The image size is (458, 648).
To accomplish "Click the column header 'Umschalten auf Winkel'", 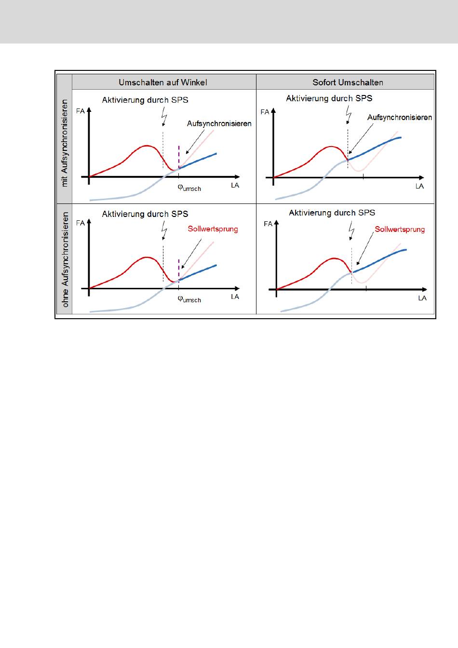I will coord(163,82).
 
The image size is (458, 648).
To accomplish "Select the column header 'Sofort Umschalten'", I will coord(348,82).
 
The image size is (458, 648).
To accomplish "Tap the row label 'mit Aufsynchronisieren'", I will coord(65,143).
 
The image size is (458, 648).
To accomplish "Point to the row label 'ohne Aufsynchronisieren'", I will coord(65,259).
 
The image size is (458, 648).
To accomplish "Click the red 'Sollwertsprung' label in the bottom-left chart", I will coord(213,229).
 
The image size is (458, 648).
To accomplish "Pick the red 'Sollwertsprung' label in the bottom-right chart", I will coord(400,229).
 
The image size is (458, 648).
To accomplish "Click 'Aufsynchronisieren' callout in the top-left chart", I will coord(219,124).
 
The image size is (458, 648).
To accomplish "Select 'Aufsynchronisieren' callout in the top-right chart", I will coord(399,118).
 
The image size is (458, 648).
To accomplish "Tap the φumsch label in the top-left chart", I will coord(189,188).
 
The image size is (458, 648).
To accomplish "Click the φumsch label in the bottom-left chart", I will coord(189,299).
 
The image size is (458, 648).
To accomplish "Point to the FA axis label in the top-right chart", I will coord(265,112).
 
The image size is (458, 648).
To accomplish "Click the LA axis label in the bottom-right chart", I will coord(422,298).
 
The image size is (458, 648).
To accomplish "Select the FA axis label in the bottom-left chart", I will coord(80,223).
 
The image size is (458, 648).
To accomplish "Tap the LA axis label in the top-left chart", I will coord(235,186).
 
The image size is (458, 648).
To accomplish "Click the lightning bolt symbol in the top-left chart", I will coord(164,117).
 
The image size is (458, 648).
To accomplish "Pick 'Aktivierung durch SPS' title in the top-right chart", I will coord(329,98).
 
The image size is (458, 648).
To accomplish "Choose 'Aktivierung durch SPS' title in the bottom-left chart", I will coord(145,214).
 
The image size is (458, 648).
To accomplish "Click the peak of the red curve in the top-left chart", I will coord(146,145).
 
